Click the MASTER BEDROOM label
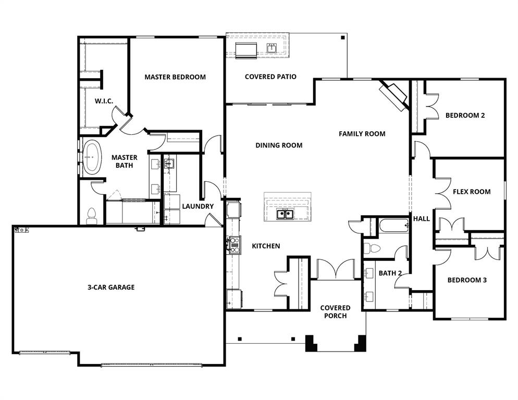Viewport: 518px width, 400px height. pyautogui.click(x=175, y=77)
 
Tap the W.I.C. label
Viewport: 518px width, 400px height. pyautogui.click(x=104, y=101)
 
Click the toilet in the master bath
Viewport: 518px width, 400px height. pyautogui.click(x=92, y=215)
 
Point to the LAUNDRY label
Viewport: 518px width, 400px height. pyautogui.click(x=198, y=206)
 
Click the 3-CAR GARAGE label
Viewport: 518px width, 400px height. pyautogui.click(x=110, y=287)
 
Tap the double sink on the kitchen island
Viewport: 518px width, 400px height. pyautogui.click(x=284, y=214)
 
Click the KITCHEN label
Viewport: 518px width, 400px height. pyautogui.click(x=266, y=246)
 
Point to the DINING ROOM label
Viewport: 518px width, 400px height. pyautogui.click(x=279, y=145)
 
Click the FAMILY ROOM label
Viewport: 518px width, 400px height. pyautogui.click(x=362, y=134)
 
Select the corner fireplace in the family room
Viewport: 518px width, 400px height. pyautogui.click(x=394, y=94)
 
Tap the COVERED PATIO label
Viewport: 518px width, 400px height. pyautogui.click(x=270, y=77)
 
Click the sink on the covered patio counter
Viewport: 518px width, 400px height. pyautogui.click(x=272, y=48)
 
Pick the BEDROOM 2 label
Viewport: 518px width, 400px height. pyautogui.click(x=465, y=116)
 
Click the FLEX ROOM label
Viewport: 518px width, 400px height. pyautogui.click(x=471, y=192)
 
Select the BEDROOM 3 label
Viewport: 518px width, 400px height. pyautogui.click(x=467, y=280)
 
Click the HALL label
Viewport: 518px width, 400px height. pyautogui.click(x=421, y=219)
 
